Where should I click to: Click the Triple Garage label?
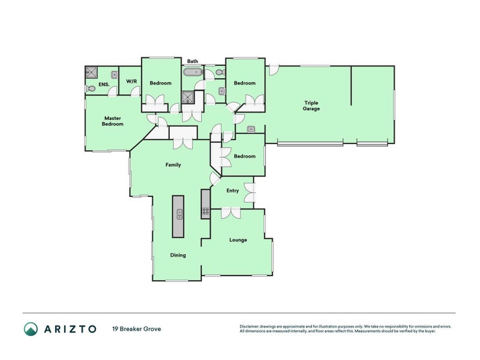(311, 106)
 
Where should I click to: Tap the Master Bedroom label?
(113, 121)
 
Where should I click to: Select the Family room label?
(173, 164)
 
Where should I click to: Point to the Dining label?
(178, 255)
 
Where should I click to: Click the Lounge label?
(238, 239)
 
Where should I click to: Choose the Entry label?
(232, 191)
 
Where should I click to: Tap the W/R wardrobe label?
(131, 82)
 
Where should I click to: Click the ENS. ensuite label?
(104, 84)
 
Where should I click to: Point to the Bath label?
(193, 61)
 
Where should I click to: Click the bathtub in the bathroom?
(193, 73)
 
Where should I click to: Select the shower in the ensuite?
(91, 73)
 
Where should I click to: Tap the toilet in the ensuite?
(90, 89)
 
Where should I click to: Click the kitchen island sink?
(179, 214)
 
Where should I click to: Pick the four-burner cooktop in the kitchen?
(206, 211)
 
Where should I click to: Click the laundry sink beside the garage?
(251, 129)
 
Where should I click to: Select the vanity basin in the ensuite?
(115, 75)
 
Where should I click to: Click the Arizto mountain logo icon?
(31, 329)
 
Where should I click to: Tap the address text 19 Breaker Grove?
(137, 329)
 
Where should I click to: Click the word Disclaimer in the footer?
(249, 326)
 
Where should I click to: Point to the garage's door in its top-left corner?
(274, 70)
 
